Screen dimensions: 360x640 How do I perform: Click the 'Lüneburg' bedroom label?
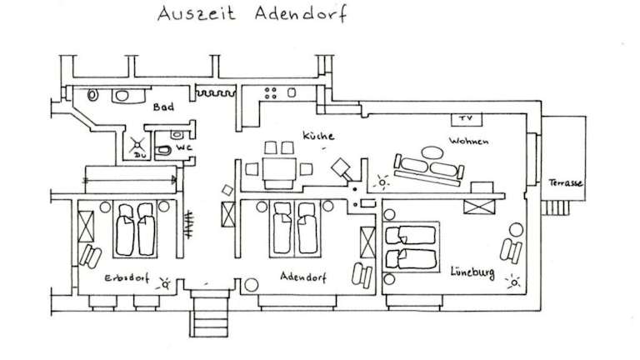coord(472,271)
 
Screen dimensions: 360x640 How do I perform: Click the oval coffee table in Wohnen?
coord(431,153)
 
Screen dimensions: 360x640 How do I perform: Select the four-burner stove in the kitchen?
coord(272,91)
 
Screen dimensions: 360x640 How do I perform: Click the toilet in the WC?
coord(165,150)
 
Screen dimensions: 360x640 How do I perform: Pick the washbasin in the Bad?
coord(122,95)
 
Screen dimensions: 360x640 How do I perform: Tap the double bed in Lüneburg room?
coord(410,247)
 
